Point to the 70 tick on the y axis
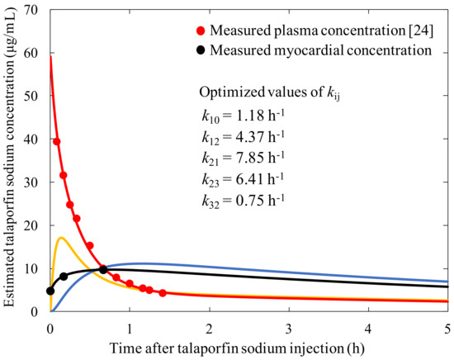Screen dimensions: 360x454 point(34,10)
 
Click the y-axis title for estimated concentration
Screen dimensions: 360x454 point(11,160)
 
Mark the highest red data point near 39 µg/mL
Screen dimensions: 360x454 point(57,142)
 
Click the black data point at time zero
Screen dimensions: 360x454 point(51,291)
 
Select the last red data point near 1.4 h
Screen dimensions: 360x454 point(163,293)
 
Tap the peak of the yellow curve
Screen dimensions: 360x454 point(61,238)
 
